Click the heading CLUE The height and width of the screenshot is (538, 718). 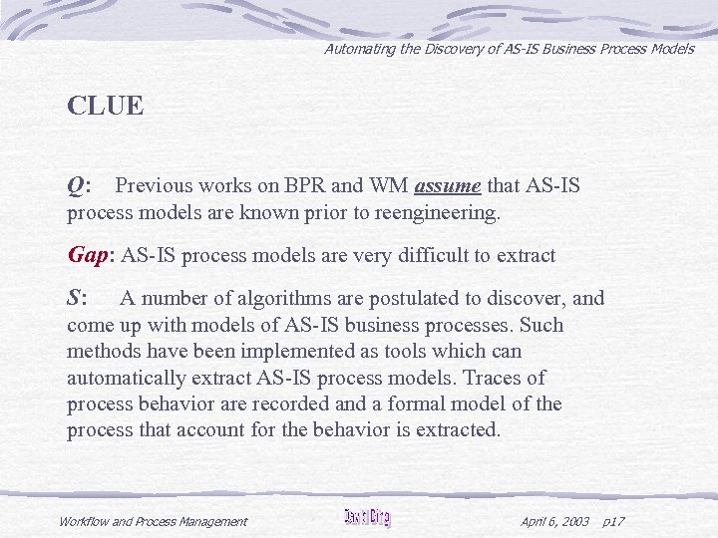click(x=105, y=106)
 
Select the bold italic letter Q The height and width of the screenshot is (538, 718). click(x=76, y=186)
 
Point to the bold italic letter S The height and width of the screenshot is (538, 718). click(x=75, y=298)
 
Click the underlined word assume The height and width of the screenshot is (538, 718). click(x=448, y=186)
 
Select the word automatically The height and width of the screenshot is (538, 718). click(x=126, y=378)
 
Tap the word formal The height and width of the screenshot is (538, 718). click(x=425, y=403)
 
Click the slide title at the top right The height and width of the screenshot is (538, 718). click(x=509, y=49)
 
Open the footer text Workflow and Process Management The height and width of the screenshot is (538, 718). click(x=153, y=521)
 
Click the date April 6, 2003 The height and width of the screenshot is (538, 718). click(x=554, y=521)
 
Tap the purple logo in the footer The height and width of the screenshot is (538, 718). click(x=367, y=517)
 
